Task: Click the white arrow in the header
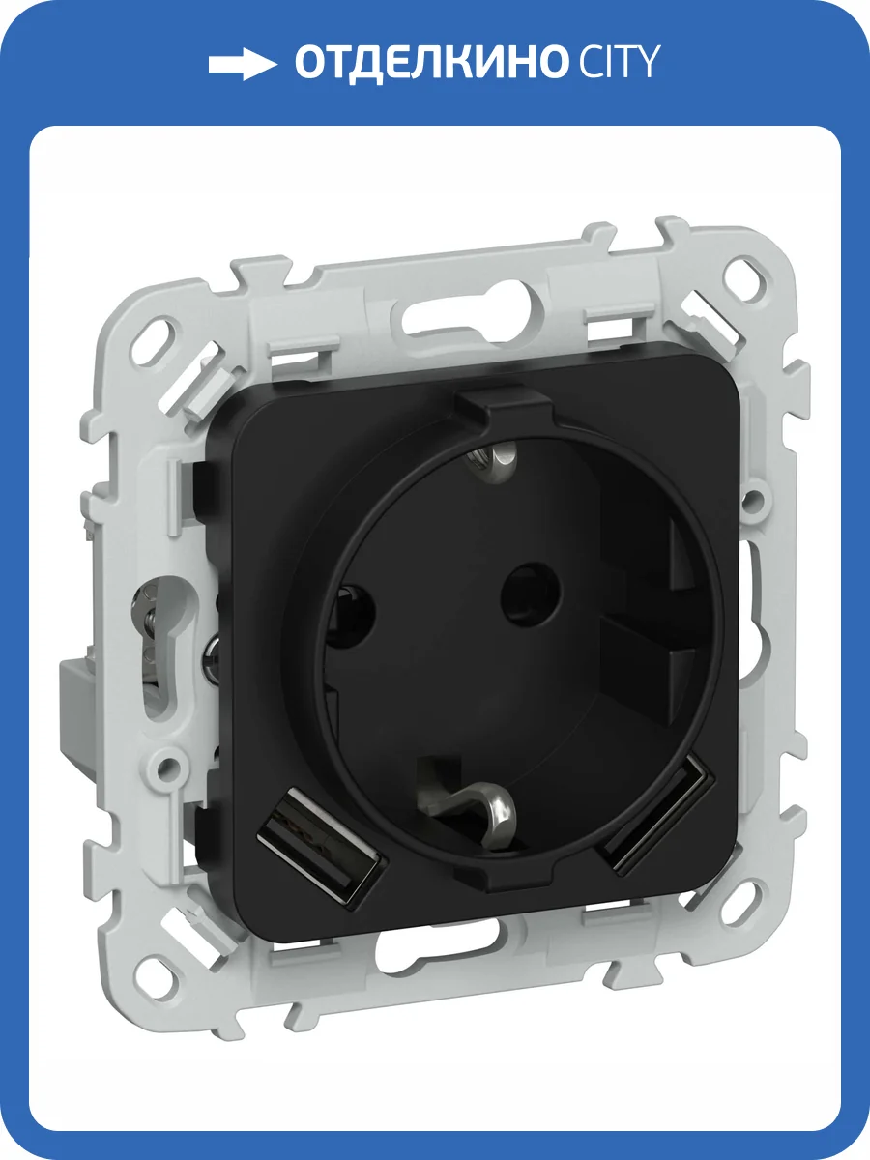[x=242, y=65]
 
